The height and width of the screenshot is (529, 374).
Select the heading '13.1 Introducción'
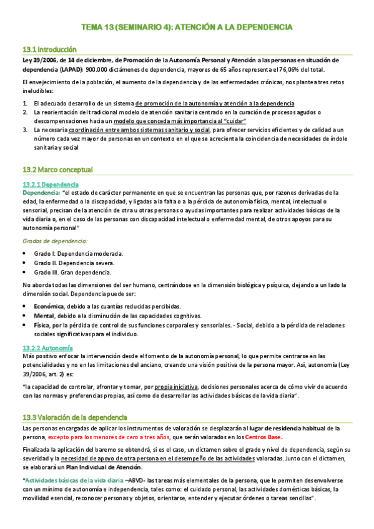pyautogui.click(x=49, y=49)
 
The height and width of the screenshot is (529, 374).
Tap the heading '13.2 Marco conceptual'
pyautogui.click(x=57, y=169)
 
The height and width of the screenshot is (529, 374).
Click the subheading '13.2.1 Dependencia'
pyautogui.click(x=50, y=184)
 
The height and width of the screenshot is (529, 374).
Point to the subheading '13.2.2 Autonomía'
pyautogui.click(x=47, y=347)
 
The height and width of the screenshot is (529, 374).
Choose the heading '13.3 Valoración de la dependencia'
pyautogui.click(x=74, y=417)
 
